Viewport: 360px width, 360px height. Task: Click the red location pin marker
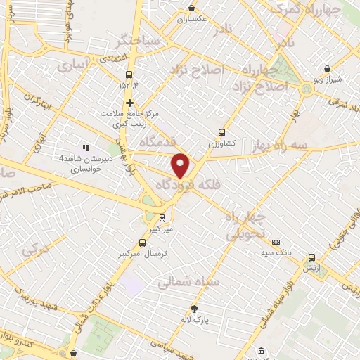[181, 165]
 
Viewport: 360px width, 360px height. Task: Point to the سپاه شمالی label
[188, 282]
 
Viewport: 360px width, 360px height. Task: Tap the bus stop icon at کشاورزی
[221, 131]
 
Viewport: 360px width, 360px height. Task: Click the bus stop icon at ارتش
[311, 257]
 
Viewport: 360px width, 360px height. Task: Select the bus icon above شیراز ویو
[327, 69]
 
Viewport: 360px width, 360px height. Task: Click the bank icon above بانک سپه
[275, 241]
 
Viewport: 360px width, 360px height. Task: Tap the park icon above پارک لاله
[195, 308]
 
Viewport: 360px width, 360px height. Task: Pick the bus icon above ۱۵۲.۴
[129, 75]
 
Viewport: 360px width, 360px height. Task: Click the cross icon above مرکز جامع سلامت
[129, 103]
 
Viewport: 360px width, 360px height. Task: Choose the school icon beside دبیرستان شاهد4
[86, 148]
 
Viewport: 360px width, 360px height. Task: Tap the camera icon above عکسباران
[191, 8]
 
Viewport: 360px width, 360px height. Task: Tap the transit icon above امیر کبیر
[162, 217]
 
